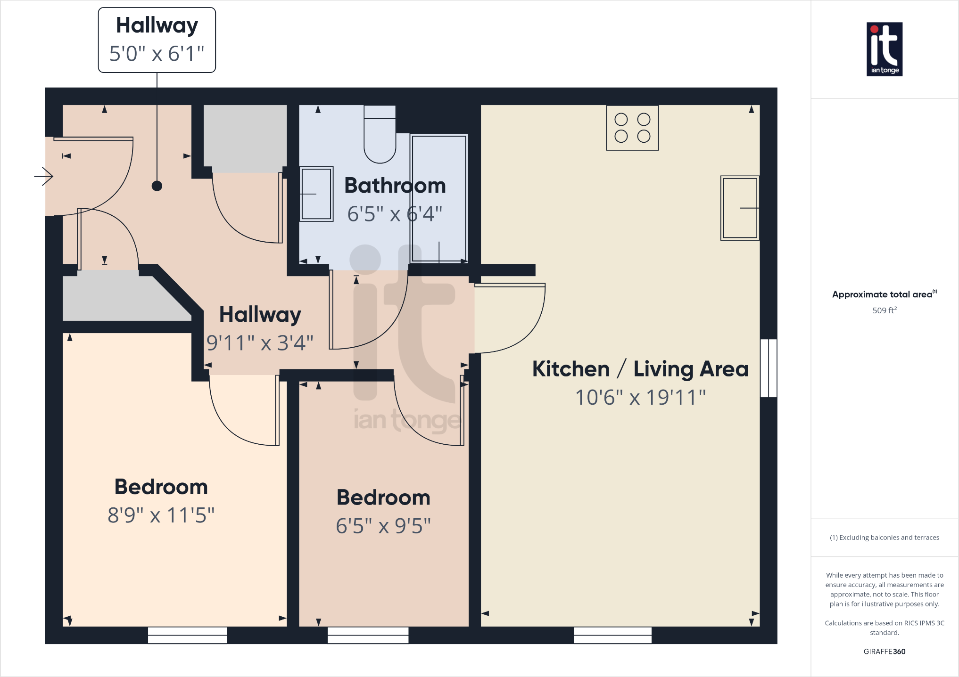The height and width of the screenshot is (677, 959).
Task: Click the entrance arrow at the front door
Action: pyautogui.click(x=44, y=177)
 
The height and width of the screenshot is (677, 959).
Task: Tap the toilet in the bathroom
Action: pyautogui.click(x=380, y=137)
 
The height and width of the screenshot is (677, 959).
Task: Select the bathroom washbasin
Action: pyautogui.click(x=316, y=194)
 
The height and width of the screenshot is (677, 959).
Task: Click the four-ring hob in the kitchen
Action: pyautogui.click(x=632, y=128)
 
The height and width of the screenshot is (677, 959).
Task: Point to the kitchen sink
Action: pyautogui.click(x=740, y=208)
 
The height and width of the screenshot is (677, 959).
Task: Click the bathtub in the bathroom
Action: pyautogui.click(x=439, y=198)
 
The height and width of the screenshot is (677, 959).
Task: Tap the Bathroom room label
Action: pyautogui.click(x=395, y=186)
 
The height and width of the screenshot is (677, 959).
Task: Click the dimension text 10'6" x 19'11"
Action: pyautogui.click(x=640, y=398)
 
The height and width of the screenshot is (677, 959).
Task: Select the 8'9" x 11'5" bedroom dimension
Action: pyautogui.click(x=161, y=515)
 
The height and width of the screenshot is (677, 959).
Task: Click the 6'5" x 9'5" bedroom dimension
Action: pyautogui.click(x=383, y=526)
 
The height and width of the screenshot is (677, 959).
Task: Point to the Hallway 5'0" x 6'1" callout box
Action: pyautogui.click(x=157, y=40)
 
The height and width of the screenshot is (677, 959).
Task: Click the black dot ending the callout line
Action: pyautogui.click(x=157, y=186)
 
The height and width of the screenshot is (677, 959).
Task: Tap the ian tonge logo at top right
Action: pyautogui.click(x=885, y=49)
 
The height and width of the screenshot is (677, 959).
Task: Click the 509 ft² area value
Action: pyautogui.click(x=885, y=310)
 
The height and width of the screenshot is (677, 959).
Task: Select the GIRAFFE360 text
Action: pyautogui.click(x=885, y=652)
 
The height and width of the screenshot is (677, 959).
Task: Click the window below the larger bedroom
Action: pyautogui.click(x=187, y=635)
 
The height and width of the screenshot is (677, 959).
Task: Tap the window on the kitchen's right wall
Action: pyautogui.click(x=769, y=368)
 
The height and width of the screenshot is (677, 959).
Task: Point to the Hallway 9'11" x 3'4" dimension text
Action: pyautogui.click(x=260, y=343)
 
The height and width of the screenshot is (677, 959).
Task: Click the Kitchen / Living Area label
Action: pyautogui.click(x=640, y=369)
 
